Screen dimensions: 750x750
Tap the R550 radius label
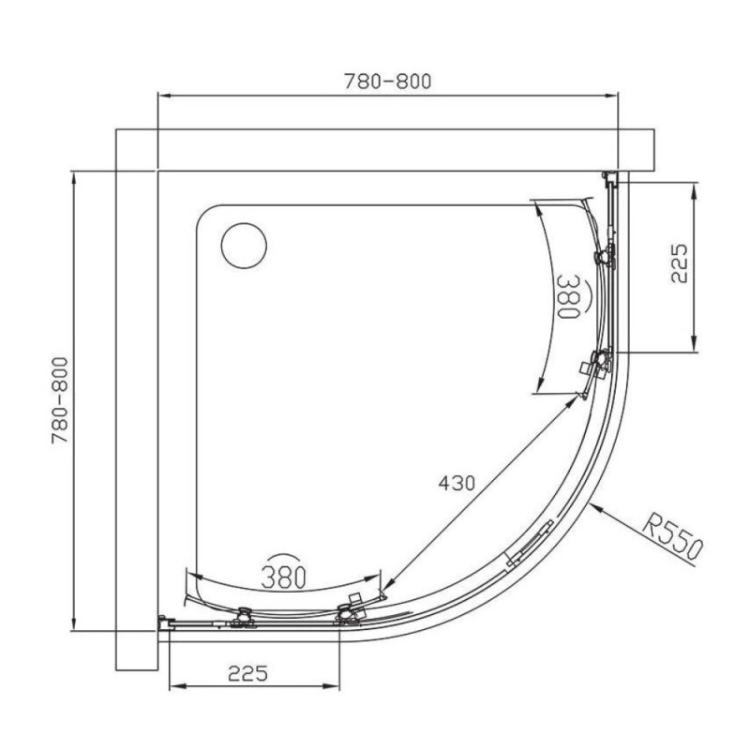pyautogui.click(x=672, y=536)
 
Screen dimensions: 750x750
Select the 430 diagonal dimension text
pyautogui.click(x=457, y=483)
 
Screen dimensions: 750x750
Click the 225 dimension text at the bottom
pyautogui.click(x=247, y=673)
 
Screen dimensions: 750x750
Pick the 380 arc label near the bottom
pyautogui.click(x=284, y=577)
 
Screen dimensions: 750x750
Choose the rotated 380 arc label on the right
pyautogui.click(x=569, y=296)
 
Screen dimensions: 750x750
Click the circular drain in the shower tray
pyautogui.click(x=244, y=246)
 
